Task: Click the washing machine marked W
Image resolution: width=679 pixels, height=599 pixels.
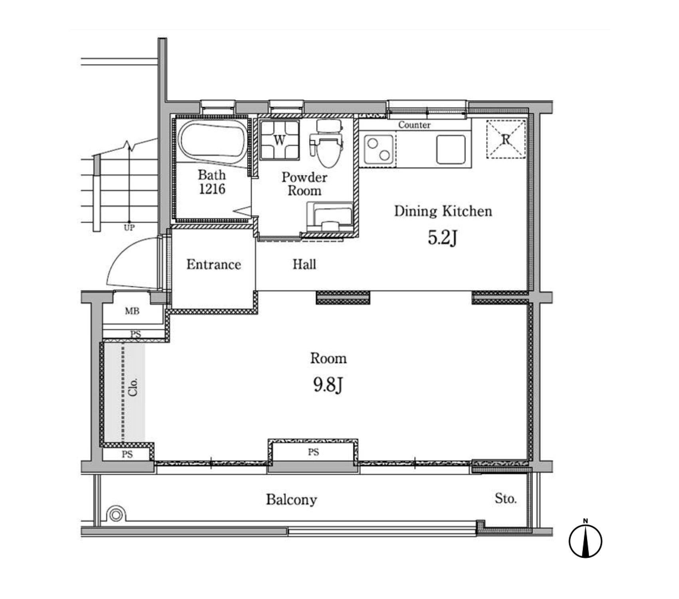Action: tap(280, 140)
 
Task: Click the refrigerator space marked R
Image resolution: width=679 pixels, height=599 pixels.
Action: tap(506, 139)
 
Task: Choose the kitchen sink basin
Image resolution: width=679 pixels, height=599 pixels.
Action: tap(451, 149)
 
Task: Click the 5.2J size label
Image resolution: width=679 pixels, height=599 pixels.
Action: tap(442, 238)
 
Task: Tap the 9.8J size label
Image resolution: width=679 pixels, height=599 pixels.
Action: tap(328, 385)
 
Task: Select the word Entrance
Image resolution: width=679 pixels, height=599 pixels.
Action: tap(214, 264)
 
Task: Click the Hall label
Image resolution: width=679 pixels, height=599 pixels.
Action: tap(304, 264)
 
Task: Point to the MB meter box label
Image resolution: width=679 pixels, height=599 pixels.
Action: tap(132, 311)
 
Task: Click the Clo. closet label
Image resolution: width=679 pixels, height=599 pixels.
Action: tap(133, 387)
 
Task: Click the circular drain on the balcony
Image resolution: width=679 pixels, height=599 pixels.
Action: tap(116, 515)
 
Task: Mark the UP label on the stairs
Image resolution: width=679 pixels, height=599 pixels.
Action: tap(129, 228)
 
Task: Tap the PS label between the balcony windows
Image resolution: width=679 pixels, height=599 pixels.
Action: tap(314, 452)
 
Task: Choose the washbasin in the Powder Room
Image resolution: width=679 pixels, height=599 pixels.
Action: tap(330, 217)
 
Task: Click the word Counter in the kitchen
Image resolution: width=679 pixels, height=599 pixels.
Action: tap(414, 125)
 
